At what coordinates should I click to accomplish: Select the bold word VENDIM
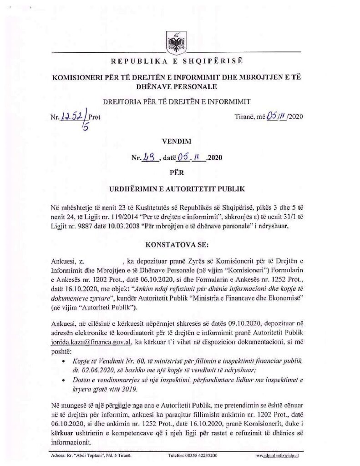coord(176,142)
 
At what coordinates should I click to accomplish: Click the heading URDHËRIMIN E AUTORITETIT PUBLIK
coord(176,188)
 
